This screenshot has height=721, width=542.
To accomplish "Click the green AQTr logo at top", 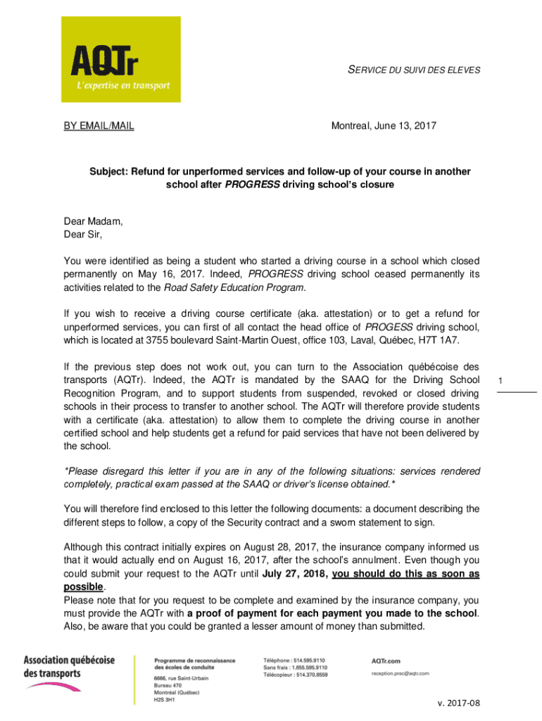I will click(x=120, y=61).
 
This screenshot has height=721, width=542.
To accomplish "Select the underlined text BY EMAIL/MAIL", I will click(x=99, y=126).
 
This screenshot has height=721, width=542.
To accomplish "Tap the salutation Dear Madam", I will click(x=93, y=221).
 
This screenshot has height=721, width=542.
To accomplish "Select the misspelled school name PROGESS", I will click(x=388, y=327).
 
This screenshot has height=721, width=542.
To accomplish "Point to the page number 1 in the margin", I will click(x=499, y=381).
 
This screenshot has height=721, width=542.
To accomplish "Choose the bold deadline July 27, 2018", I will click(x=295, y=574).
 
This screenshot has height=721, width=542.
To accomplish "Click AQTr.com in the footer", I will click(x=386, y=660).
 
